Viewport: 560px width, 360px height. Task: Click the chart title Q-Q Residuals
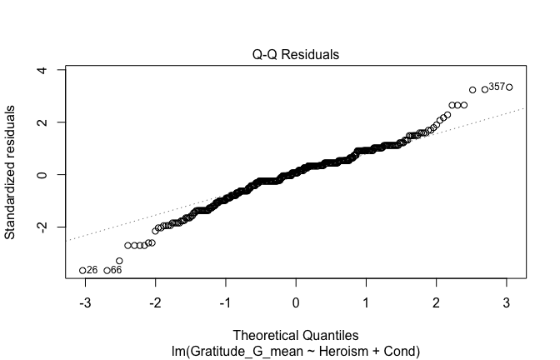point(296,55)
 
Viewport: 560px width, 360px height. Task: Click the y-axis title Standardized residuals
point(11,172)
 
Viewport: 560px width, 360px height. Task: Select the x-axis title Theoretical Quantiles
point(296,334)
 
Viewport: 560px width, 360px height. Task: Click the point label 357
point(497,86)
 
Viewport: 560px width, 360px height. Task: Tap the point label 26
point(92,270)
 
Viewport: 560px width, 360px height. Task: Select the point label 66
point(117,270)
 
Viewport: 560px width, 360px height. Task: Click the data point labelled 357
point(509,87)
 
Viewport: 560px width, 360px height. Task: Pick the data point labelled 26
point(82,270)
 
